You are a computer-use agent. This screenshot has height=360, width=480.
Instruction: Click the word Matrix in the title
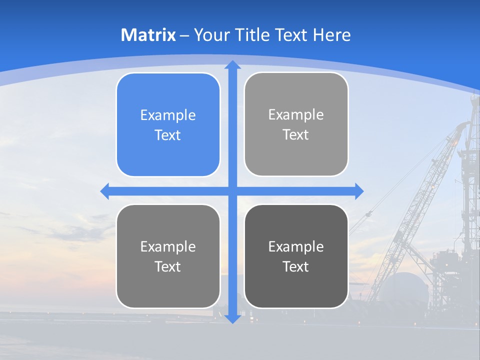[148, 35]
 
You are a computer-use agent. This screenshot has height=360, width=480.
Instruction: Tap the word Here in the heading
[331, 35]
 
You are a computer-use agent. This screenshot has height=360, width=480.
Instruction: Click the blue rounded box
[168, 125]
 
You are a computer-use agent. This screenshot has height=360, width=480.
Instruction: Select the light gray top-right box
[296, 124]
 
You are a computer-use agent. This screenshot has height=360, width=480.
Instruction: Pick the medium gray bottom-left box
[168, 256]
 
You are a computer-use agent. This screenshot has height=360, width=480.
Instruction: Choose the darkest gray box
[296, 256]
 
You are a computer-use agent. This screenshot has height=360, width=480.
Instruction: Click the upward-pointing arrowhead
[232, 65]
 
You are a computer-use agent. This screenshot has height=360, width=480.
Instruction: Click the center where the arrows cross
[232, 191]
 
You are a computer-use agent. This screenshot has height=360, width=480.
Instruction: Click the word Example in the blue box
[168, 115]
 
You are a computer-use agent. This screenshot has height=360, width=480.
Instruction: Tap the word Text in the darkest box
[296, 266]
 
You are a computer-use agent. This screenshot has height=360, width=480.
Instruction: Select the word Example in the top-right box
[296, 115]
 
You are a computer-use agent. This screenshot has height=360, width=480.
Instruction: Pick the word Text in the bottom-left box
[168, 266]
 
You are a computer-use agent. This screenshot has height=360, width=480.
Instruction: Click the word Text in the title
[290, 35]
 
